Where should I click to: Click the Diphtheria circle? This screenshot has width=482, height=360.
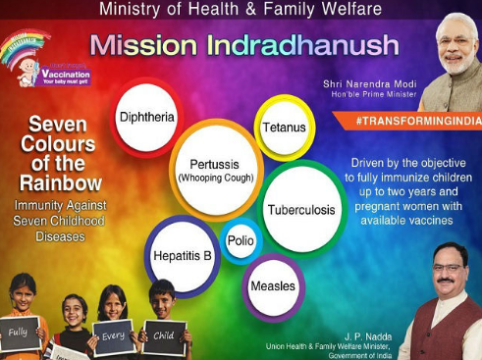coord(147,117)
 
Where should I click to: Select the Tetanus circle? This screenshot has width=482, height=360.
coord(284,128)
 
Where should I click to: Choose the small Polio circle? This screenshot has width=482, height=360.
coord(241,240)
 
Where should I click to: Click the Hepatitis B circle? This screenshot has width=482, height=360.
coord(183,256)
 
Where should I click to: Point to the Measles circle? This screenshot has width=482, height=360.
coord(273,285)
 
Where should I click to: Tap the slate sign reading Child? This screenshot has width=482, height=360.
coord(164,335)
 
